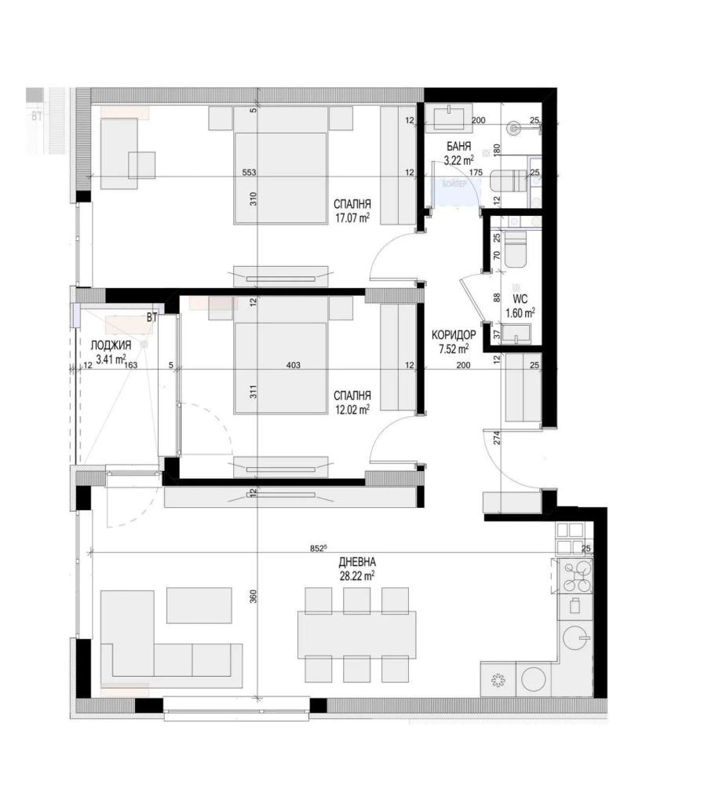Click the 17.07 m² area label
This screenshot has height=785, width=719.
pyautogui.click(x=351, y=217)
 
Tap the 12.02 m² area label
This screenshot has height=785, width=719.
pyautogui.click(x=351, y=408)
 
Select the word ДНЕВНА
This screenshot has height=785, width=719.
pyautogui.click(x=357, y=562)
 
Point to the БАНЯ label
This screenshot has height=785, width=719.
pyautogui.click(x=458, y=147)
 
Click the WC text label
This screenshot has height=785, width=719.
pyautogui.click(x=519, y=299)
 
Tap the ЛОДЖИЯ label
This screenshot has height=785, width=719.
pyautogui.click(x=105, y=346)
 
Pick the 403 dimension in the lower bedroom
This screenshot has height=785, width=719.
pyautogui.click(x=293, y=365)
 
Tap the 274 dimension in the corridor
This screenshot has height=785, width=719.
pyautogui.click(x=497, y=438)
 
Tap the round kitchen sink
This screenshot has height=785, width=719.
pyautogui.click(x=579, y=637)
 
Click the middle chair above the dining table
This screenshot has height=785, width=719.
pyautogui.click(x=356, y=600)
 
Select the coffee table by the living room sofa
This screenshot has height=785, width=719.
pyautogui.click(x=199, y=605)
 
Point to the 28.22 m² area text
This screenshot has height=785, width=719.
pyautogui.click(x=356, y=575)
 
